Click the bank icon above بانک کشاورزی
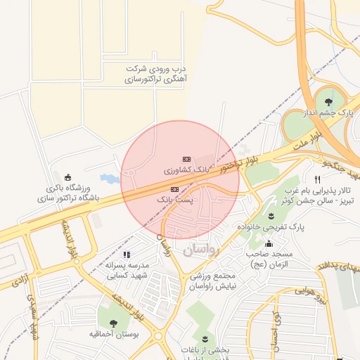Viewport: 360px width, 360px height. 186,159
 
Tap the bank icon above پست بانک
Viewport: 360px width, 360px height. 174,189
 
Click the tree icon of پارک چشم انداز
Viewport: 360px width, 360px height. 329,102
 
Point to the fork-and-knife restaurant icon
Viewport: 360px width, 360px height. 318,179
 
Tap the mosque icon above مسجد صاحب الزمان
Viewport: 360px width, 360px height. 267,243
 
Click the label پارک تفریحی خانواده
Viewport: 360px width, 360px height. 279,227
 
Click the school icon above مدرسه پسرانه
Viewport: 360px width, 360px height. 126,255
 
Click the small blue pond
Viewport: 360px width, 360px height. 109,179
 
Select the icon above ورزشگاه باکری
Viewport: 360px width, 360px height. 67,176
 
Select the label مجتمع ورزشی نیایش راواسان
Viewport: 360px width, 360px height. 217,281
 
